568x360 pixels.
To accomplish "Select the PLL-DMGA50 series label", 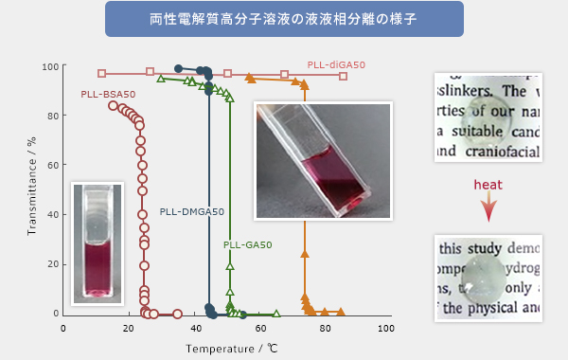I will pos(192,211).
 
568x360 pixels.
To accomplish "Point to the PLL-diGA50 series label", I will pos(336,64).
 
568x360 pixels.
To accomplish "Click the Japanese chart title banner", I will pos(284,19).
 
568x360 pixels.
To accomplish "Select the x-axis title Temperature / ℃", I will pos(225,349).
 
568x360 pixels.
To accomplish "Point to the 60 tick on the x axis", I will pos(257,328).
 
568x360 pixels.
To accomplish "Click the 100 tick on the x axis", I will pos(385,328).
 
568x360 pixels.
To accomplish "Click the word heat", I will pos(488,187).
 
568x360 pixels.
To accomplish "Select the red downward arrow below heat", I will pos(488,208).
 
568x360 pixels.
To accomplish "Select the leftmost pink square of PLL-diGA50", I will pos(102,73).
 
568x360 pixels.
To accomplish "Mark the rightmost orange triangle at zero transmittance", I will pos(341,312).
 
